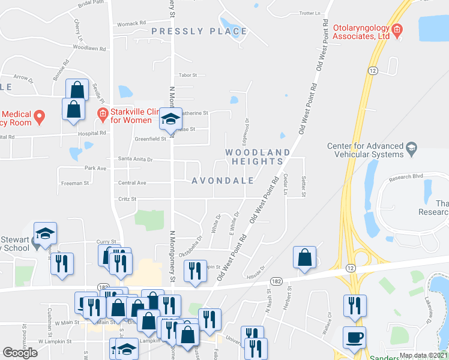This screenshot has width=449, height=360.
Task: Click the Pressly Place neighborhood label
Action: (x=199, y=31)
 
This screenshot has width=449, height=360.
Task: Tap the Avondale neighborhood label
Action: (x=222, y=181)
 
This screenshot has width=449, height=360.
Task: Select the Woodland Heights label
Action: (x=254, y=157)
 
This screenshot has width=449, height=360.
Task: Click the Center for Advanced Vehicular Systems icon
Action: (x=411, y=147)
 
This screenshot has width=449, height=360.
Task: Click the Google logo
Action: (x=20, y=353)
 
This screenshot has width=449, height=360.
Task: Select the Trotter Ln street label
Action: (x=310, y=13)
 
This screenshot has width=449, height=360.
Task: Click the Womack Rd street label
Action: (x=131, y=23)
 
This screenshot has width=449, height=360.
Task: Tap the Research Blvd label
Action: (x=406, y=177)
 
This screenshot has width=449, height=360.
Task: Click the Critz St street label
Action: (x=125, y=199)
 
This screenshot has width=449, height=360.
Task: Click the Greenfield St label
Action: (x=151, y=139)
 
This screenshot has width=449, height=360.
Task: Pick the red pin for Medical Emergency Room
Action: (x=39, y=116)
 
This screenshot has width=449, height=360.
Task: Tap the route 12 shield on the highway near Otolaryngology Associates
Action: (x=373, y=71)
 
